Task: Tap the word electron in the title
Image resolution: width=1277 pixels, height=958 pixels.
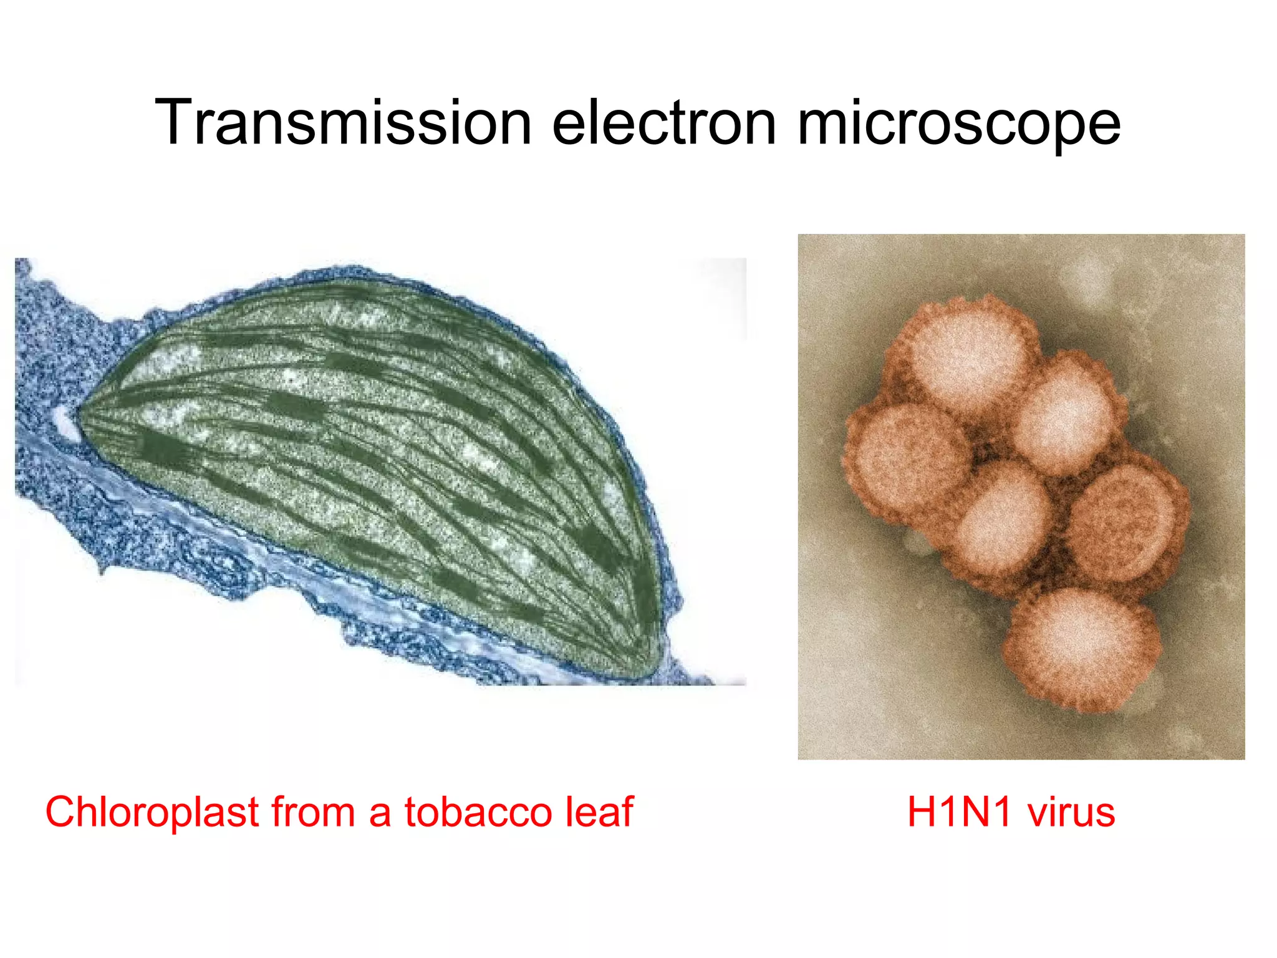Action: tap(664, 123)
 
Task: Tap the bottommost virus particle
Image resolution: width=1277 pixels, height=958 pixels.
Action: tap(1082, 649)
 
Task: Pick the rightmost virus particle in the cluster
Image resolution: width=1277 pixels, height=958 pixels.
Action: tap(1125, 521)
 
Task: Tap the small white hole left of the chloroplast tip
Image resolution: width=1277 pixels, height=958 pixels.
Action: tap(64, 421)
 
